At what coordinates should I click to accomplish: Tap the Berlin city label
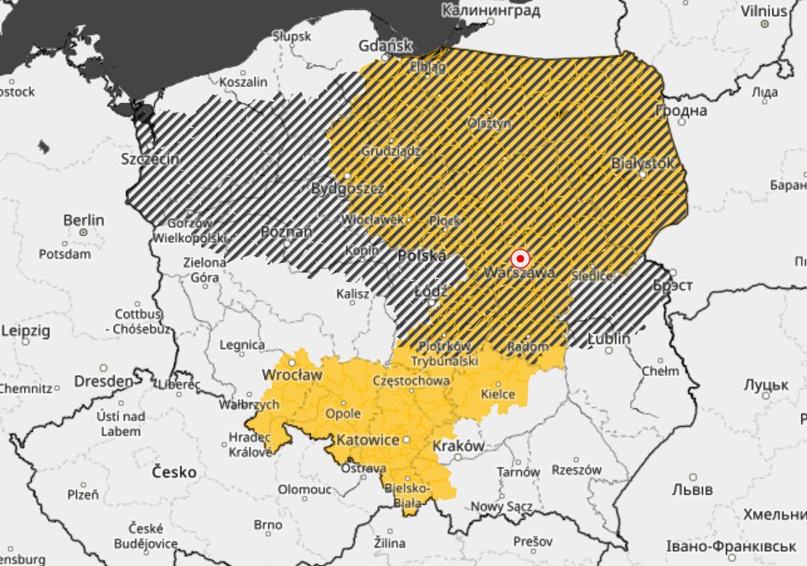coord(84,220)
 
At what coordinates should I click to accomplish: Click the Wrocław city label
coord(292,374)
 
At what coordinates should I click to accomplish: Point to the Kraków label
coord(458,446)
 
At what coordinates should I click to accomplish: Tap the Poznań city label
coord(287,232)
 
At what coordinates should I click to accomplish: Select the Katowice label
coord(367,440)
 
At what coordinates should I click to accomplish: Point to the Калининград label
coord(490,11)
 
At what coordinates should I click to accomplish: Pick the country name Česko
coord(174,472)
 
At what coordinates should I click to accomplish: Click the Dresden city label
coord(103,381)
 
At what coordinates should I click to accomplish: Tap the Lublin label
coord(609,338)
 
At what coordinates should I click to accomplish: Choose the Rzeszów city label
coord(577,471)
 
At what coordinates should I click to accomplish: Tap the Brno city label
coord(268,525)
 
